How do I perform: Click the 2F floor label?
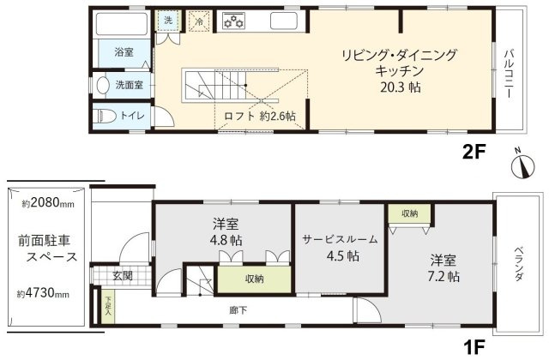(x=474, y=152)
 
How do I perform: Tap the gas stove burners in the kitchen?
(x=234, y=21)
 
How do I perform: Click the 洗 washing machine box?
(x=166, y=21)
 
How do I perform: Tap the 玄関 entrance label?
(x=122, y=276)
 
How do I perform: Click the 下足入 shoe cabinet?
(x=109, y=306)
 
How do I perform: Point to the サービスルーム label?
(x=341, y=239)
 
